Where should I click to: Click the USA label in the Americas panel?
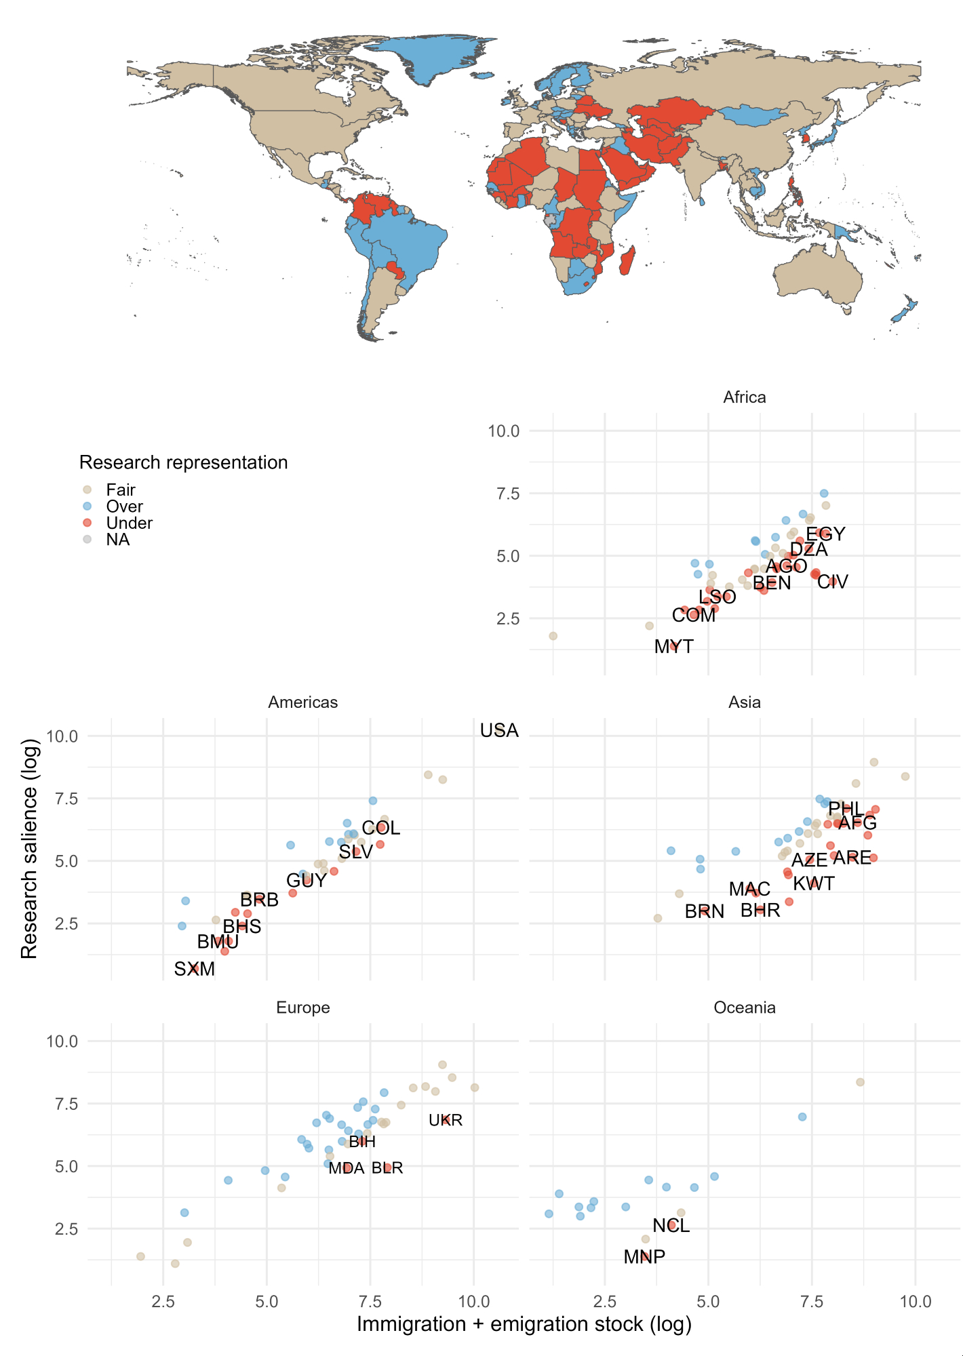click(499, 731)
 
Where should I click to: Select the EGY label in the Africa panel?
click(825, 534)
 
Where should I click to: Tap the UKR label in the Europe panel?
click(446, 1121)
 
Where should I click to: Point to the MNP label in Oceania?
click(644, 1257)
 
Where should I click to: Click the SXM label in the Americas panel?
click(195, 970)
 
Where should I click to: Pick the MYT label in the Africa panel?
click(673, 647)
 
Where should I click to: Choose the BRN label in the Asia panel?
click(704, 912)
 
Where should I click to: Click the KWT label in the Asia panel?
click(814, 884)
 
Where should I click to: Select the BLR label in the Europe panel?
click(387, 1168)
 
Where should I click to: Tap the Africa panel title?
click(745, 397)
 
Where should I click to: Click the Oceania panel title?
click(745, 1008)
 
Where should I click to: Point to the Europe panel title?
click(303, 1008)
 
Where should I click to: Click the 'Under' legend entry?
click(129, 523)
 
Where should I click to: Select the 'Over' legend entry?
click(124, 506)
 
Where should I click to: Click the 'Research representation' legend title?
click(183, 462)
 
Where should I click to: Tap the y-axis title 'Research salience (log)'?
click(29, 848)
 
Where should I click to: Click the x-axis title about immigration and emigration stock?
click(524, 1324)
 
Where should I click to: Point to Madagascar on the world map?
click(628, 260)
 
